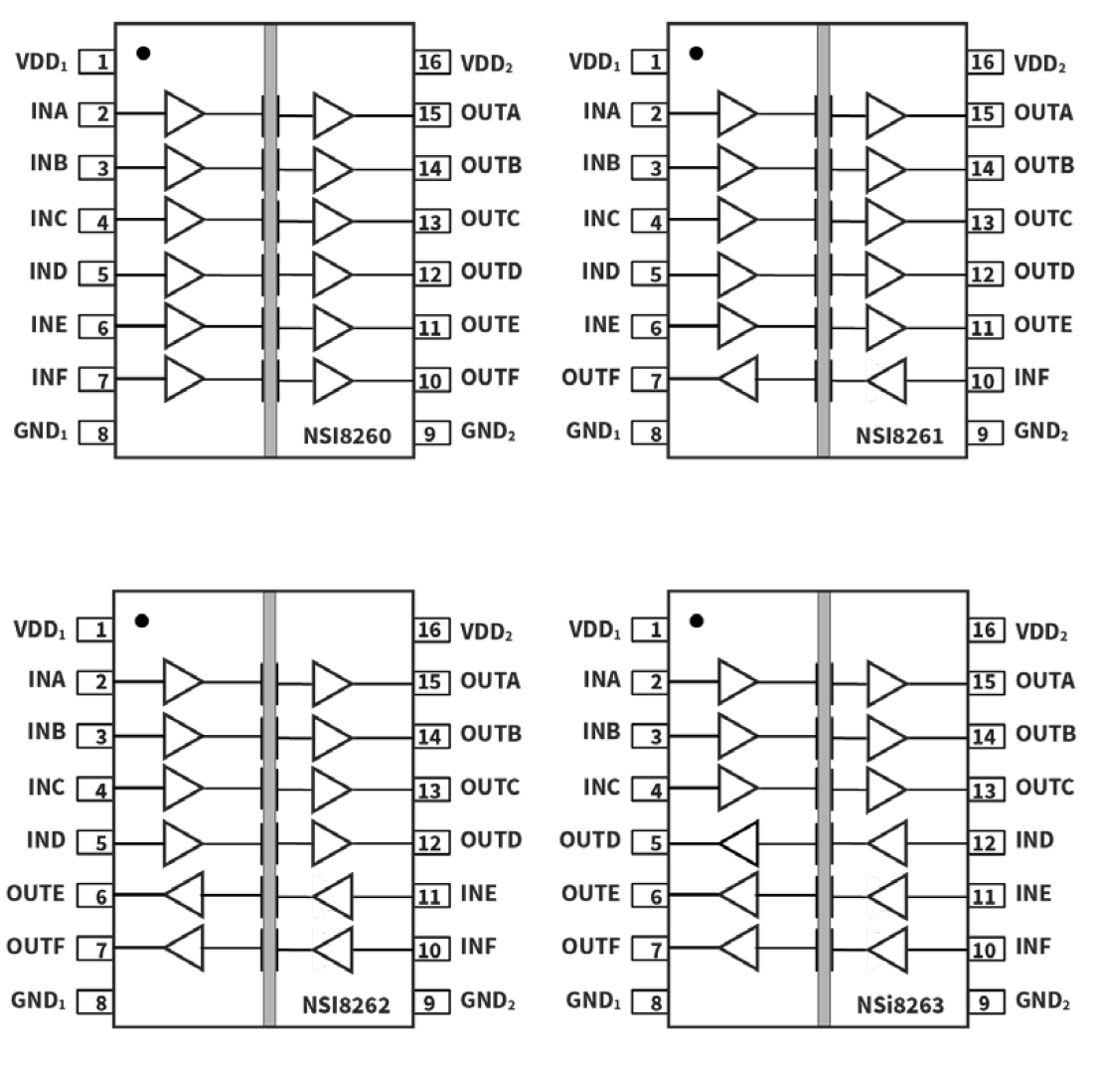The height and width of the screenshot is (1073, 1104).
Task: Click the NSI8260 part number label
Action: coord(347,435)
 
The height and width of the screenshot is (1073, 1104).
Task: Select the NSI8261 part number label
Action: coord(899,435)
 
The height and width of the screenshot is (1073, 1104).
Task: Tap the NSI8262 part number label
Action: coord(346,1004)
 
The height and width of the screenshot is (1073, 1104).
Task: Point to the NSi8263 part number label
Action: coord(899,1004)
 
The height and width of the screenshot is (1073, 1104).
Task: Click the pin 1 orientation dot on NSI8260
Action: coord(143,53)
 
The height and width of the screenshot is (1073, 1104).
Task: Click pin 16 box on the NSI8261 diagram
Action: coord(983,62)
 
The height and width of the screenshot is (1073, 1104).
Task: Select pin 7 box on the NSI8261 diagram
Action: coord(656,379)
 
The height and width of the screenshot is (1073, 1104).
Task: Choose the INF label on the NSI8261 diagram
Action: coord(1031,378)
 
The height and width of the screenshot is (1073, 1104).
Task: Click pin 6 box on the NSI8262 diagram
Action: coord(101,896)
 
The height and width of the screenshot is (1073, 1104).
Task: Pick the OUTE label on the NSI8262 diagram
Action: coord(37,893)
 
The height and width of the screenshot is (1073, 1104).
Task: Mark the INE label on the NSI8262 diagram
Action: coord(479,893)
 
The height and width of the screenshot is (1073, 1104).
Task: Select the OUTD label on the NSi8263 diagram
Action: coord(590,840)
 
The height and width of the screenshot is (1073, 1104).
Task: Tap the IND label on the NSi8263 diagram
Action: coord(1033,840)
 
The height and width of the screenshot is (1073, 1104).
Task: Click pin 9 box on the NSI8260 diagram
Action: coord(429,434)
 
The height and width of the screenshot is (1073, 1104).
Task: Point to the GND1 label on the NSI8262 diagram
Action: coord(38,1000)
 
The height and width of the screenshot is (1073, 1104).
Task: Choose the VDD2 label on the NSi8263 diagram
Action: coord(1040,632)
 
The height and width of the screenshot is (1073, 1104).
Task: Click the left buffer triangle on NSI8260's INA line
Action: coord(184,113)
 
